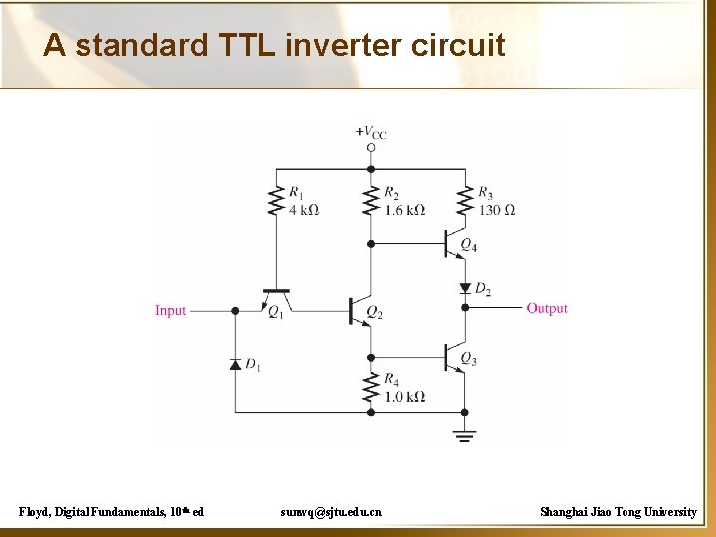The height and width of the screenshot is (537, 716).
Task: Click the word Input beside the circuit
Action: point(170,311)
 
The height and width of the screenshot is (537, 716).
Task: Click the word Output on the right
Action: point(547,309)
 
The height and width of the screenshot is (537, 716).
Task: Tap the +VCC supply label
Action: point(371,132)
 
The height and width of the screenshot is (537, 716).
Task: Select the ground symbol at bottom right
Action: point(464,434)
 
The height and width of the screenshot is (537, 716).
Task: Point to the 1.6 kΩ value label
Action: point(404,210)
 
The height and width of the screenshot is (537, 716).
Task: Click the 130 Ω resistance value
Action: point(497,210)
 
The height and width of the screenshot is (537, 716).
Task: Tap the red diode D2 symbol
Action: point(464,288)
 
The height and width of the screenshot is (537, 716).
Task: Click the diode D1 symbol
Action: point(235,364)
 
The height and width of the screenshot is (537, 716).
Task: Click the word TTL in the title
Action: point(243,45)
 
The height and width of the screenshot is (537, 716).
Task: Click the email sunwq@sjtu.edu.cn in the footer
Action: point(331,512)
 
